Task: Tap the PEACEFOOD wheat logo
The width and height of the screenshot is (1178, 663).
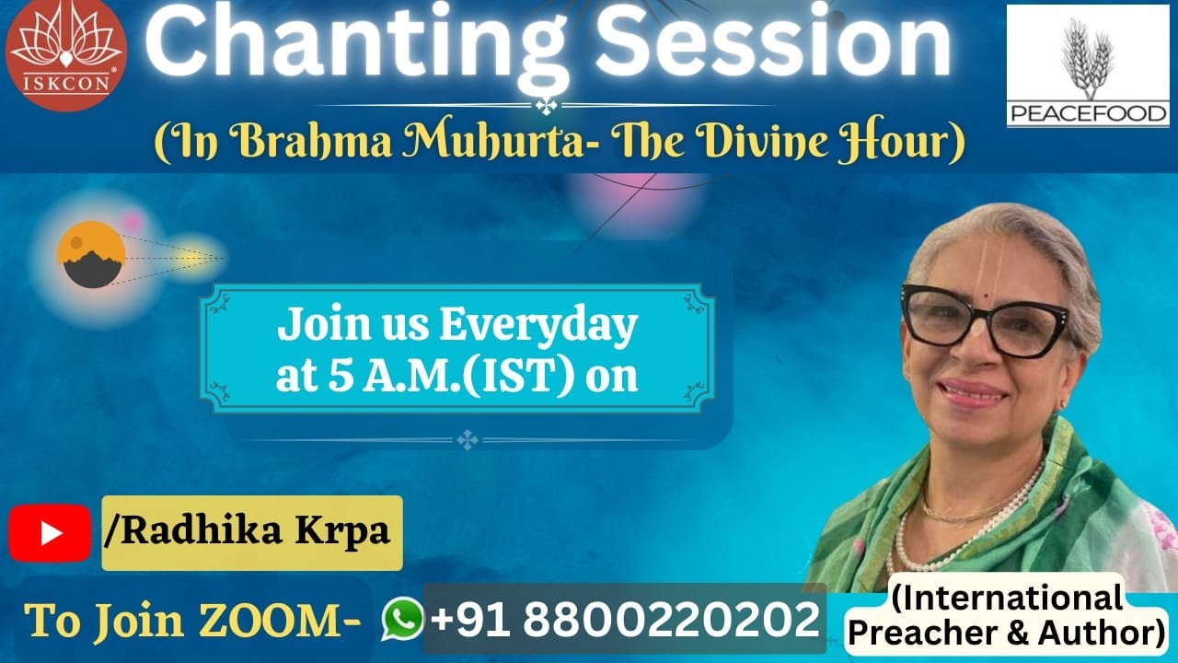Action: (x=1087, y=64)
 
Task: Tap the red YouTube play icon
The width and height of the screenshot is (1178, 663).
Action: (x=50, y=533)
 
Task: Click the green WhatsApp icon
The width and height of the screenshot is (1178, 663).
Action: (x=403, y=619)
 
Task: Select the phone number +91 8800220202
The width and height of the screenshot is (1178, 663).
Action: (x=625, y=619)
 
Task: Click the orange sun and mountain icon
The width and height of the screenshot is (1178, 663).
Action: (x=90, y=255)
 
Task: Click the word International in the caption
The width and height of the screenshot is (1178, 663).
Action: (x=1007, y=599)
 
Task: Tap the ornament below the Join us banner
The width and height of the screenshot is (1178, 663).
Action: (x=468, y=440)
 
